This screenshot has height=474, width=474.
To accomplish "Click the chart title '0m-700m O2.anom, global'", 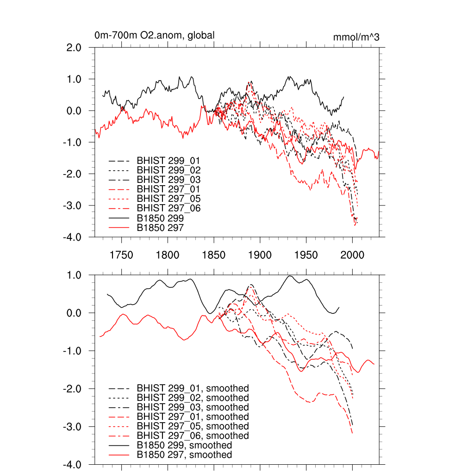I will pos(154,35).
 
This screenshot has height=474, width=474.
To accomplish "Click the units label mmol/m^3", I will pos(356,37).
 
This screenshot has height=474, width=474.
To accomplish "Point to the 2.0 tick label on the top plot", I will pos(72,47).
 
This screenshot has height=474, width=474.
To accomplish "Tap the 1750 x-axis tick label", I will pos(121,255).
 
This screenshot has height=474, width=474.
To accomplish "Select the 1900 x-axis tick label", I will pos(260,255).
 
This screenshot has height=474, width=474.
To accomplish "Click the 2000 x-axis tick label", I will pos(352,255).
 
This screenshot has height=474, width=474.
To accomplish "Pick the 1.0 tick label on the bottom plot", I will pos(72,275).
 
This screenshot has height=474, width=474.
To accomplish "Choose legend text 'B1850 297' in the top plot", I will pos(161,227).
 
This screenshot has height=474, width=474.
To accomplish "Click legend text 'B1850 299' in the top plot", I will pos(161,218).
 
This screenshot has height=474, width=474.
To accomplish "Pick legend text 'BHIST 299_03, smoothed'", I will pos(193,407).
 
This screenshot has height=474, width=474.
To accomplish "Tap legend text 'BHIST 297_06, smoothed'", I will pos(193,436).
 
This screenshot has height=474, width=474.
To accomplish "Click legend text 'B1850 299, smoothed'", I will pos(184,445).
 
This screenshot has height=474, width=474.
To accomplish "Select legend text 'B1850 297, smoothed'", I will pos(184,455).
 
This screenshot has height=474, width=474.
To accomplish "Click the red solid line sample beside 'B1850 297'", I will pos(118,227).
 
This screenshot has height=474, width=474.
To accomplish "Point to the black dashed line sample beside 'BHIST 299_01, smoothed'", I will pos(118,388).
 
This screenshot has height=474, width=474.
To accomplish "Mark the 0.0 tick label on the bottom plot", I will pos(72,313).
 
